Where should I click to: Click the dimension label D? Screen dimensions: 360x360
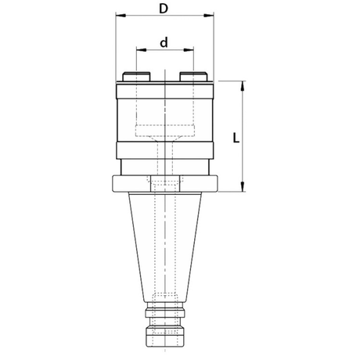[164, 9]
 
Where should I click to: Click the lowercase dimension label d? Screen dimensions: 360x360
[164, 42]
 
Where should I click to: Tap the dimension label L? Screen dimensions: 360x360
[236, 138]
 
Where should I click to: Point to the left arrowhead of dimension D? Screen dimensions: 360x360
[121, 16]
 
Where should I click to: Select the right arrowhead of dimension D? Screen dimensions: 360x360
[209, 16]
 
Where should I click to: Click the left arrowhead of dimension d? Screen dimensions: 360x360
[142, 49]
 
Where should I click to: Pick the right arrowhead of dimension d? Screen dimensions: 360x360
[189, 49]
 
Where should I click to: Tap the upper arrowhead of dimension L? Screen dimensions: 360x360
[243, 86]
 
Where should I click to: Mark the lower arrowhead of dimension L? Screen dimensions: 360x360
[243, 187]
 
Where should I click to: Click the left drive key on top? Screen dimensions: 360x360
[136, 77]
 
